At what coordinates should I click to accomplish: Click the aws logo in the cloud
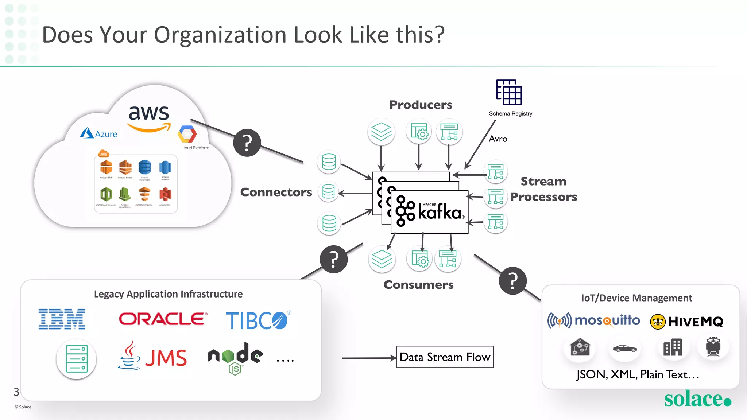[149, 117]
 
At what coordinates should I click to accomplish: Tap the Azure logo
[98, 133]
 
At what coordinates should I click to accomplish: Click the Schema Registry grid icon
[509, 92]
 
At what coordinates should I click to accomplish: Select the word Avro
[498, 139]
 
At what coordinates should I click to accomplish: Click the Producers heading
[421, 105]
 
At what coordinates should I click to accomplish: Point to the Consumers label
[418, 285]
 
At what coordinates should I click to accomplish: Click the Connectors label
[276, 192]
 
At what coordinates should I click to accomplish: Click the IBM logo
[62, 319]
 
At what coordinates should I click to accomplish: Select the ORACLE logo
[163, 319]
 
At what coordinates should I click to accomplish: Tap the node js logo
[235, 357]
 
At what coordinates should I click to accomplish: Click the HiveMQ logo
[686, 322]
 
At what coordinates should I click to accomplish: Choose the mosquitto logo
[593, 321]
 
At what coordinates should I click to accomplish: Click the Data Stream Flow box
[445, 357]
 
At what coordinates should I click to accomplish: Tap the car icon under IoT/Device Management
[624, 349]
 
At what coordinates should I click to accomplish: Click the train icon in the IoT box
[713, 347]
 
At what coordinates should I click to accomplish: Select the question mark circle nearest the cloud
[247, 143]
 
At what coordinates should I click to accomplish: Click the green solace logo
[697, 399]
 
